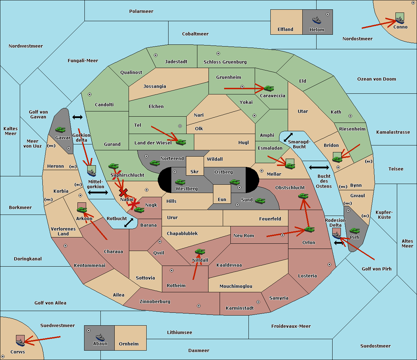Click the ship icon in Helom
coord(317,20)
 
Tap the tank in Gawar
coord(60,129)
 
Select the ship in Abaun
coord(100,337)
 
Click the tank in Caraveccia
coord(269,88)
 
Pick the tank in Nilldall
coord(200,252)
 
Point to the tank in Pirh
coord(354,231)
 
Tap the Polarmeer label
coord(141,11)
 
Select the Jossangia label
coord(155,86)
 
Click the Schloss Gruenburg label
coord(225,62)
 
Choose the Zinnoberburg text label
coord(155,302)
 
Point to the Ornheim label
coord(129,344)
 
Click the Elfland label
coord(285,30)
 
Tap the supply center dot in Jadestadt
coord(156,55)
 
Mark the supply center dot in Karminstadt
coord(258,302)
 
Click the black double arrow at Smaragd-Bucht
coord(288,137)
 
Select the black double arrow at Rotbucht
coord(129,223)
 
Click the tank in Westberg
coord(180,182)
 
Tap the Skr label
coord(195,171)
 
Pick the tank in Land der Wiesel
coord(181,142)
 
